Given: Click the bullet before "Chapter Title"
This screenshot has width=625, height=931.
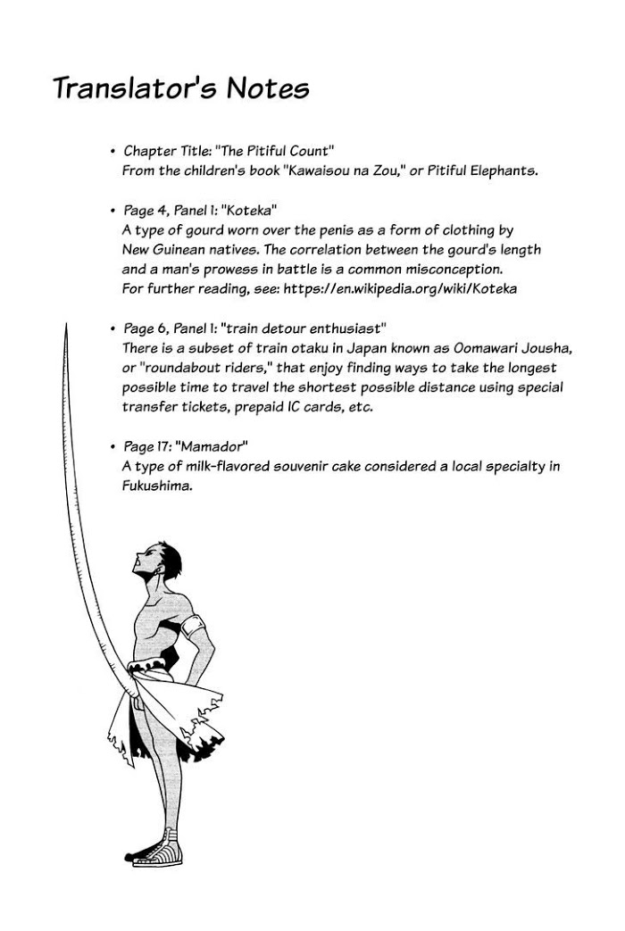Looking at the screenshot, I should coord(112,153).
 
